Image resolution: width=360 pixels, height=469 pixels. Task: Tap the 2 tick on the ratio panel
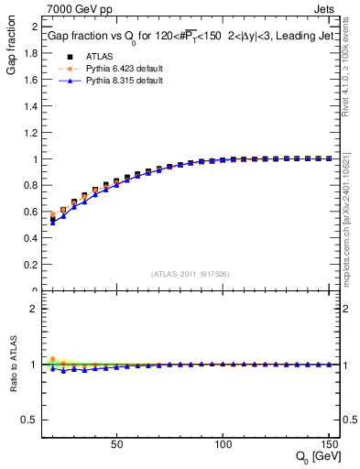(x=33, y=309)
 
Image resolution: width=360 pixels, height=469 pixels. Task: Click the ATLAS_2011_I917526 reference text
(x=190, y=274)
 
